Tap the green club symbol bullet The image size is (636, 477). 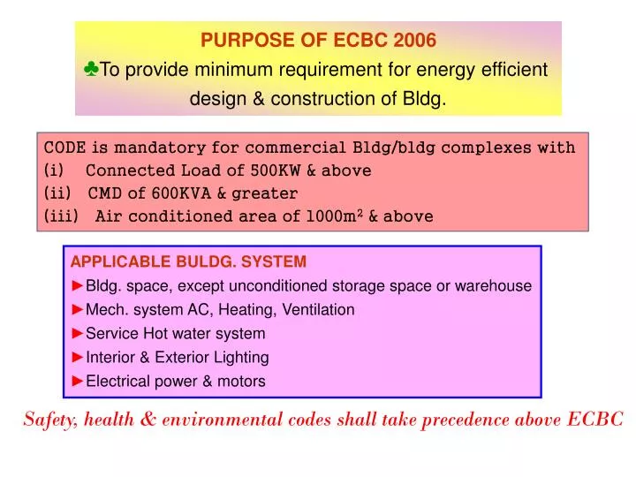click(x=93, y=70)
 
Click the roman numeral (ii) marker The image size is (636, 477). click(x=55, y=193)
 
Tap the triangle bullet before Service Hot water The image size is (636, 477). click(x=78, y=334)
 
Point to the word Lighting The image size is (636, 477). click(x=241, y=358)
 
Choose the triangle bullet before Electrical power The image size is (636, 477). click(x=78, y=382)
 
